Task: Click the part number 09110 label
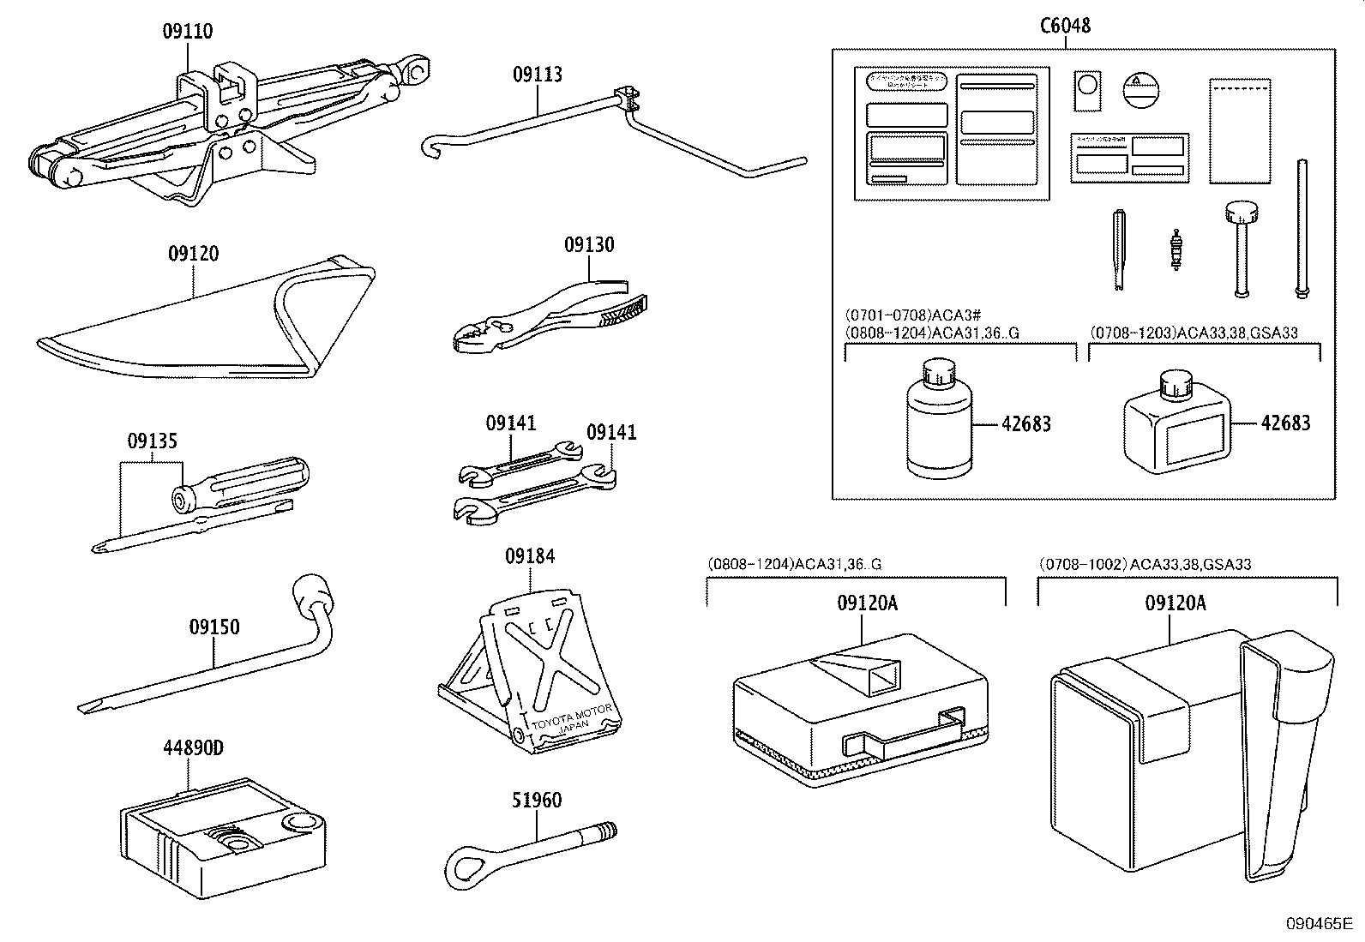(188, 32)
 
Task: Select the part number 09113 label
(538, 75)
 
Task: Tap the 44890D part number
(193, 748)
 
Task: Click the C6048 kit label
(1065, 26)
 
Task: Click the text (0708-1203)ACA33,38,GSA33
(1194, 333)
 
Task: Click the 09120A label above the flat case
(867, 603)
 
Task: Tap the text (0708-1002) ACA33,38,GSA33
(1145, 564)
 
